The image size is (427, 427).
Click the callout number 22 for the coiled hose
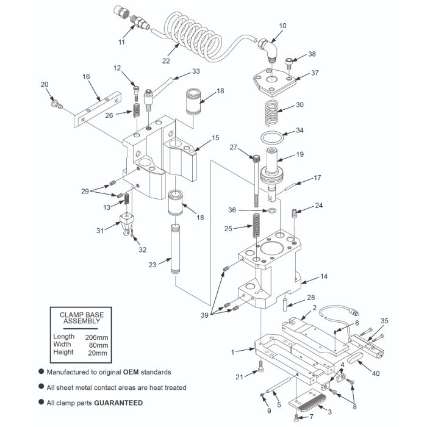166,61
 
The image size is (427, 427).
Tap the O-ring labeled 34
272,137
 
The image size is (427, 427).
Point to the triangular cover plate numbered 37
274,82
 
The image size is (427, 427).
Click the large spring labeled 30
271,113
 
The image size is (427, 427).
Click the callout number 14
324,276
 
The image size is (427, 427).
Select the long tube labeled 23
176,249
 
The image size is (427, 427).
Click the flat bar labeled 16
97,109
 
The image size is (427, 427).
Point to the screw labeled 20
57,104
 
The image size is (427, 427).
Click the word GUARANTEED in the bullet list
118,403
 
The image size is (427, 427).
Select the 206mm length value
96,337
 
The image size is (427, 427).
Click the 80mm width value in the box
98,345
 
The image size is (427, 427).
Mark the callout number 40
376,373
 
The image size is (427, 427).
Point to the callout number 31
100,231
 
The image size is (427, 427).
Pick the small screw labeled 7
297,417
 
